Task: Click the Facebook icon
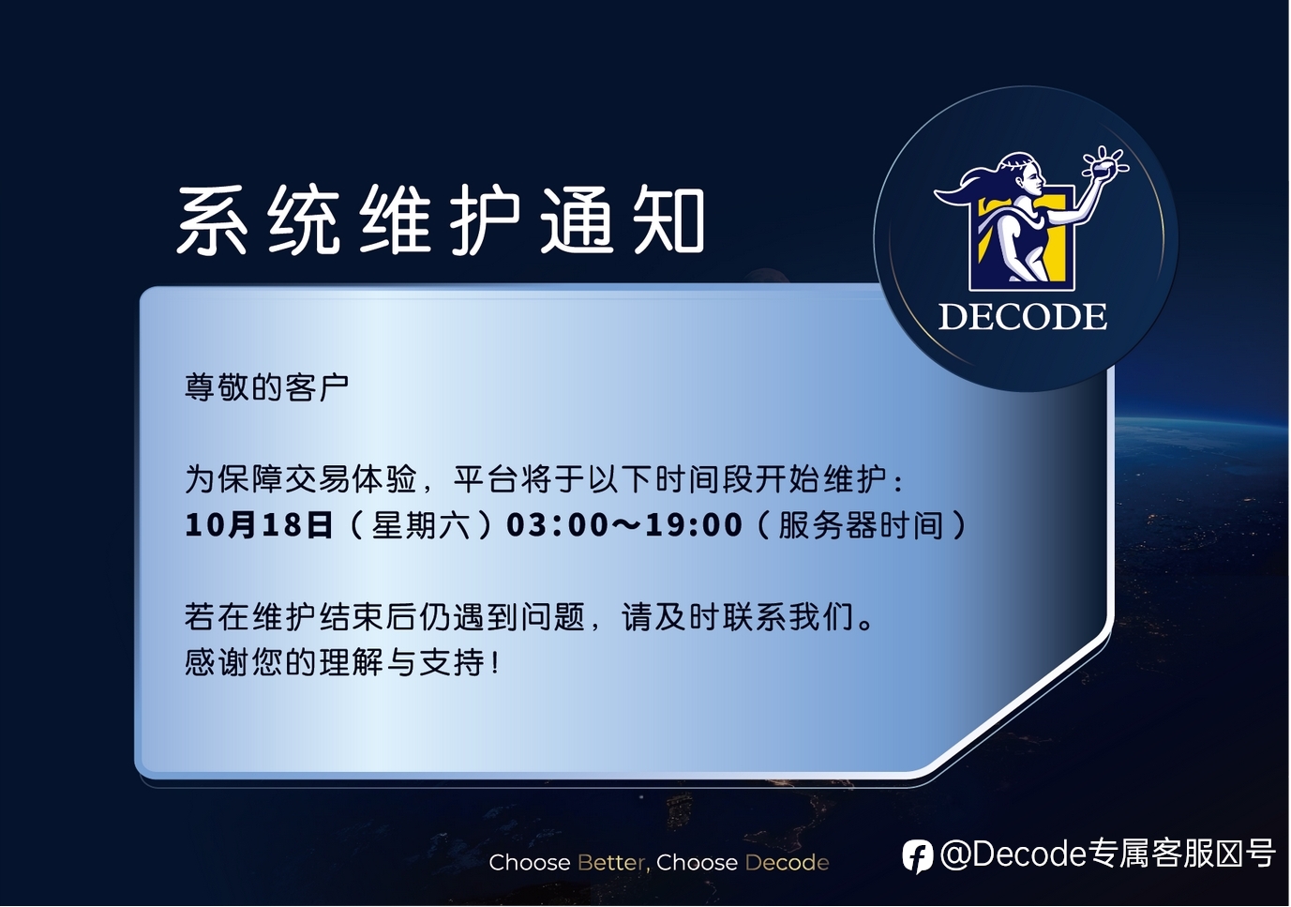(x=917, y=856)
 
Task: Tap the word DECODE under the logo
(x=1023, y=316)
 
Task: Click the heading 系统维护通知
(x=441, y=219)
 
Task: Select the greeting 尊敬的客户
(x=267, y=386)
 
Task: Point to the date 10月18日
(x=260, y=525)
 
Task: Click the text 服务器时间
(x=861, y=525)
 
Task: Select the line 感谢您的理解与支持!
(x=341, y=662)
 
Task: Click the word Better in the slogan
(x=611, y=863)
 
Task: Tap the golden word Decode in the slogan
(x=788, y=863)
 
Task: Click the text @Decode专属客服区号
(x=1106, y=854)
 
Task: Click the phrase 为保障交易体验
(x=300, y=479)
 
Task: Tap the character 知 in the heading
(x=669, y=220)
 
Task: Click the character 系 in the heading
(x=212, y=219)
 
